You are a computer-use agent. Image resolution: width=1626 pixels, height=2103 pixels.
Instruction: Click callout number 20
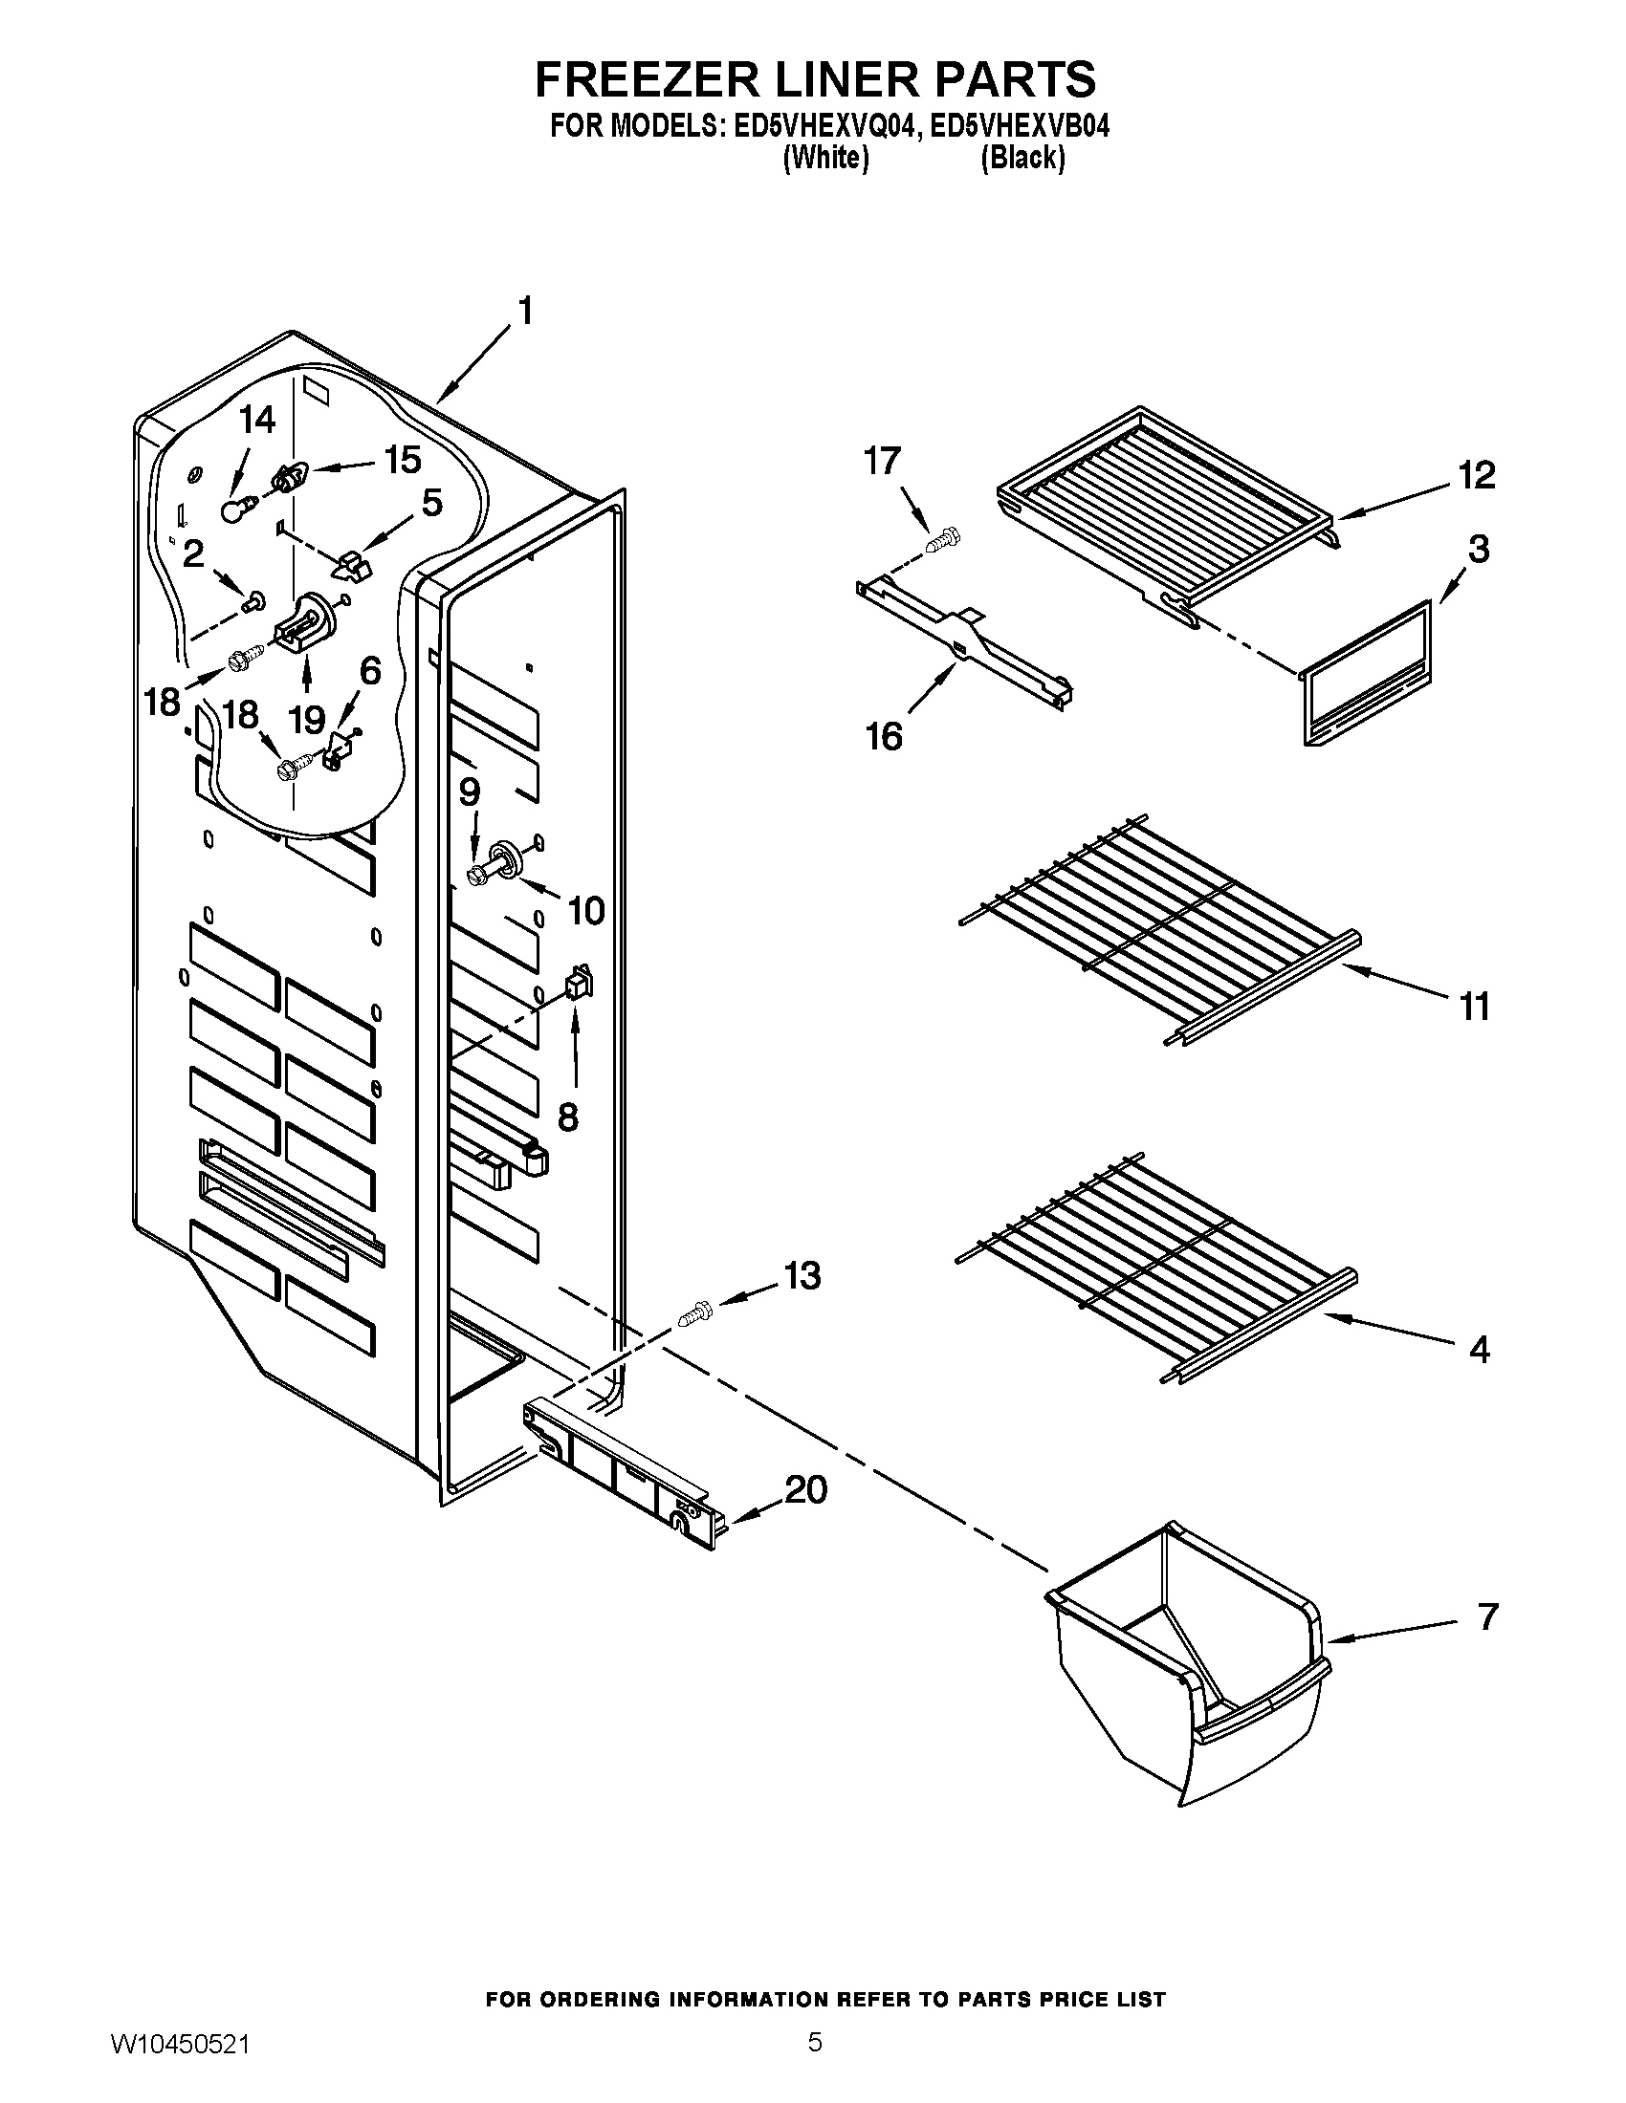pyautogui.click(x=806, y=1489)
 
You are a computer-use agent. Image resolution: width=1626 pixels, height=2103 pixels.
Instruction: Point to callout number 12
pyautogui.click(x=1477, y=476)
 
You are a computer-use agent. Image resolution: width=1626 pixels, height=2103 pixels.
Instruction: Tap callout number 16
pyautogui.click(x=885, y=737)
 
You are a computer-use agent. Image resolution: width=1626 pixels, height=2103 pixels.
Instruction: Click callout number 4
pyautogui.click(x=1480, y=1349)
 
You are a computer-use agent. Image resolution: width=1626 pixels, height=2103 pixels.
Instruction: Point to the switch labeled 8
pyautogui.click(x=579, y=983)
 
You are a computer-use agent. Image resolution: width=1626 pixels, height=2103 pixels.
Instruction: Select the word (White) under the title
pyautogui.click(x=826, y=158)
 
